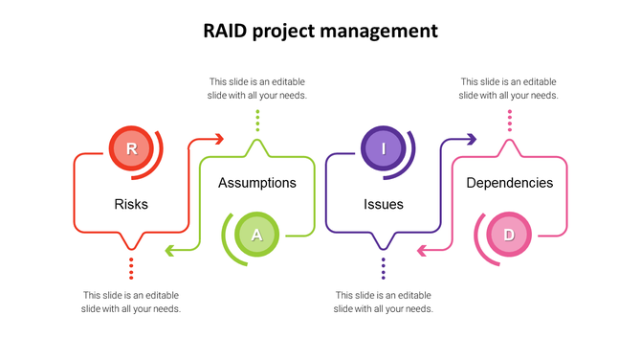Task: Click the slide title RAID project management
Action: click(x=320, y=31)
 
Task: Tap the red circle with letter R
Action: click(x=131, y=148)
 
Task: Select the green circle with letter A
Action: click(x=255, y=235)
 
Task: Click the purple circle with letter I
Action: click(x=383, y=148)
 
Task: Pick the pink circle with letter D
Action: click(x=509, y=235)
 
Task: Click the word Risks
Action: click(x=131, y=204)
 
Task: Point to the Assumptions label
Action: click(x=257, y=183)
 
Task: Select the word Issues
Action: click(x=384, y=204)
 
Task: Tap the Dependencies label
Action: click(x=509, y=183)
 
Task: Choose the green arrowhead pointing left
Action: click(x=169, y=251)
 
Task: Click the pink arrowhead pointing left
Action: click(x=422, y=251)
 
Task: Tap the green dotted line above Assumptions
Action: click(x=257, y=120)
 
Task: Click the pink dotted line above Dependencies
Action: click(x=510, y=120)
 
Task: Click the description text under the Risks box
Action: click(x=131, y=302)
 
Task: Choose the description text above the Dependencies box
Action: click(x=509, y=88)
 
